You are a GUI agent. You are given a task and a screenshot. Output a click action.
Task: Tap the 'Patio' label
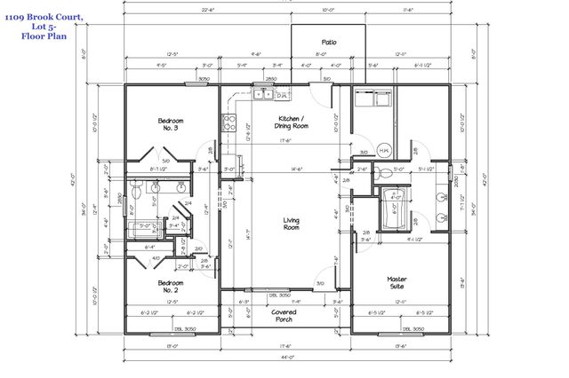point(328,42)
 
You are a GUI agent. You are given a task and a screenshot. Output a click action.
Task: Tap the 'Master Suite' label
point(397,284)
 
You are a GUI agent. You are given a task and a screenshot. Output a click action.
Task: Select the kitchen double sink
point(263,93)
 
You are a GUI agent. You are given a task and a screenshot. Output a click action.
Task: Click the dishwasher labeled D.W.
point(281,95)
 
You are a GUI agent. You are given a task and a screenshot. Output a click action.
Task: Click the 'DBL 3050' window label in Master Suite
point(412,329)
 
